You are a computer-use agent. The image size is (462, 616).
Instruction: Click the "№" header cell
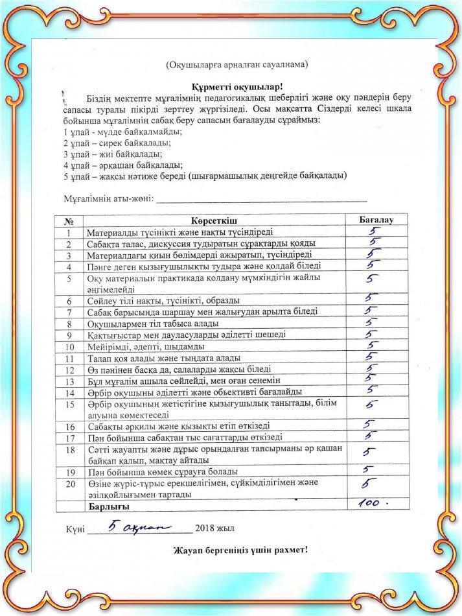(69, 220)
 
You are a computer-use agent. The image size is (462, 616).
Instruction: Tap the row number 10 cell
(69, 346)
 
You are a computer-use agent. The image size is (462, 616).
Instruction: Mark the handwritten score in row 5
(370, 279)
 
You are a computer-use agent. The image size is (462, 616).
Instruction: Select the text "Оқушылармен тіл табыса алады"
(152, 324)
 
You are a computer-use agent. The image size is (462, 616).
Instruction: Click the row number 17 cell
(69, 438)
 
